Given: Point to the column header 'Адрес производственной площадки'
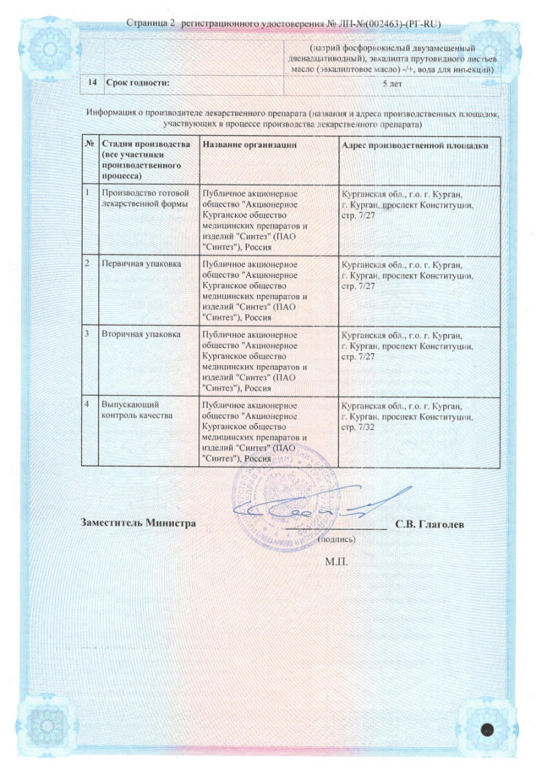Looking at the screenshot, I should point(415,144).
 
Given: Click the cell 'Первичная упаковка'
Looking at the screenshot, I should point(137,264).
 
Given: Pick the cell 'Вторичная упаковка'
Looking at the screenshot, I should point(140,335).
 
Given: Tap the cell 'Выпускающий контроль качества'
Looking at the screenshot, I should point(133,410).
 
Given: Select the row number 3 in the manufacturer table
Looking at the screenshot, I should point(88,335).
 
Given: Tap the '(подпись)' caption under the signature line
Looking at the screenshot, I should point(336,539).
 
